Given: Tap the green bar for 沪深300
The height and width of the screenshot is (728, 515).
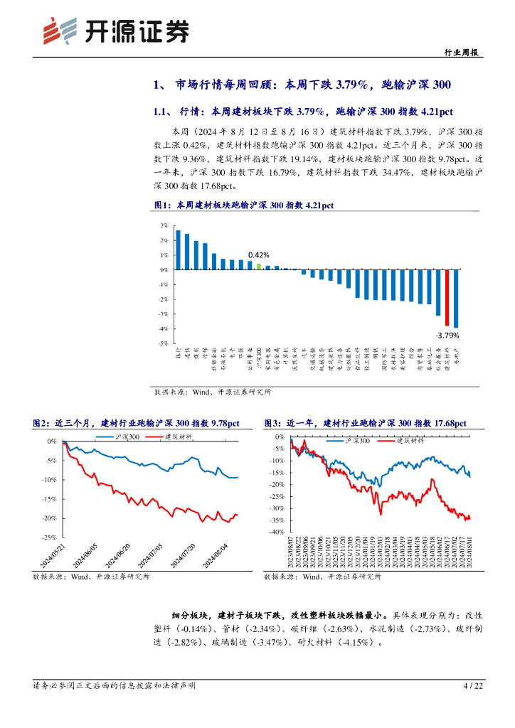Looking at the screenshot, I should (x=259, y=267).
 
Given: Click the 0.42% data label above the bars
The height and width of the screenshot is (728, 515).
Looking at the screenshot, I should (x=258, y=255).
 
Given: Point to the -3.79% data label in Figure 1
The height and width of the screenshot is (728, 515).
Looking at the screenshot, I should (x=447, y=334).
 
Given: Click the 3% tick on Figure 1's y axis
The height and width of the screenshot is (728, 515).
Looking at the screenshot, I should (x=163, y=225).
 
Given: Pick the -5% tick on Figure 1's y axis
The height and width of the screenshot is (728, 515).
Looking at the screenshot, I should (x=163, y=343).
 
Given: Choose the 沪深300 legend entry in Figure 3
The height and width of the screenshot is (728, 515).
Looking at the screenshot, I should (x=349, y=441).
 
